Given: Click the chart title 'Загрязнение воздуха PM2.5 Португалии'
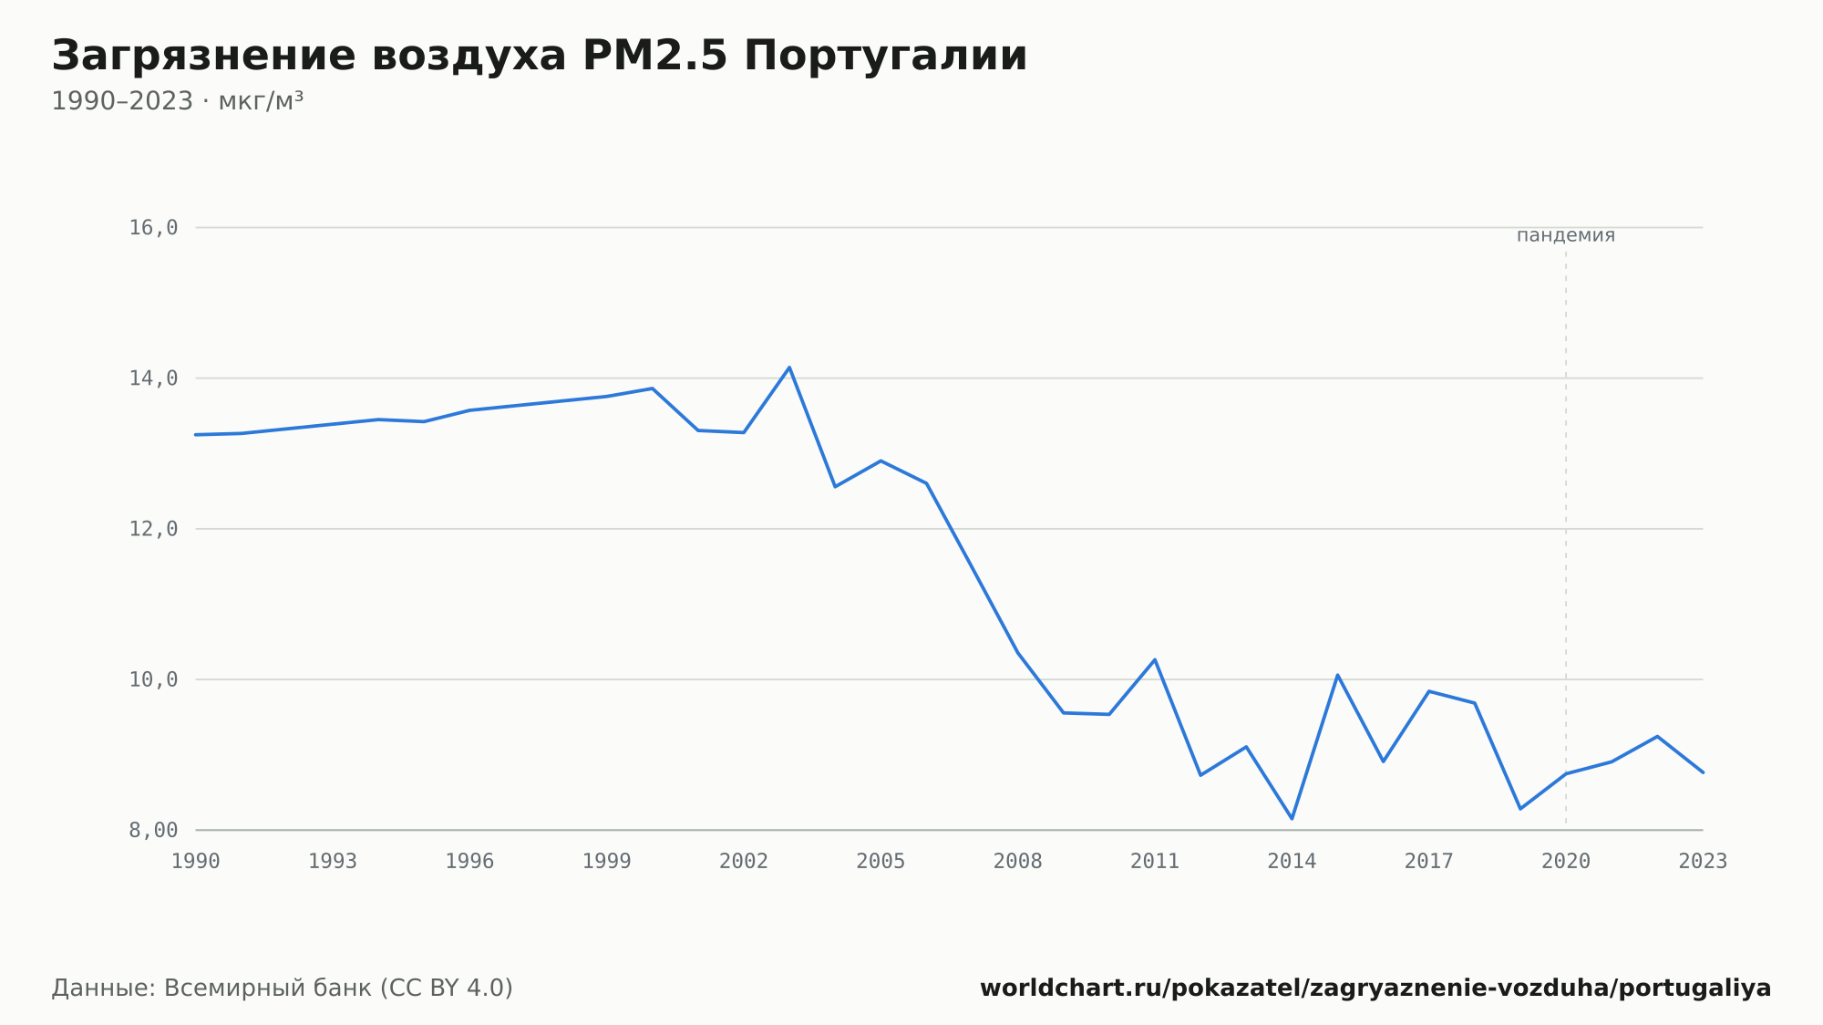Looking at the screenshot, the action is (540, 57).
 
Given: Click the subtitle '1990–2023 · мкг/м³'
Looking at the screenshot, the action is (177, 101).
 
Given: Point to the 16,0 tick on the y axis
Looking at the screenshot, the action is (153, 228).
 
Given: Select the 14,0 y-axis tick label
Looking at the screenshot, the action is (153, 378).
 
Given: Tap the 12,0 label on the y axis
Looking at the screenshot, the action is (153, 529).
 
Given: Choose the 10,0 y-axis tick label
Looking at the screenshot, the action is (153, 679).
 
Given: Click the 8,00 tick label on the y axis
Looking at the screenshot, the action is (153, 830).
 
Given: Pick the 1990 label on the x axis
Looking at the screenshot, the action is (196, 862).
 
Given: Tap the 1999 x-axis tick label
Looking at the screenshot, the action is (607, 862).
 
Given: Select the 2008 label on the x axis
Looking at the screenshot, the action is (1018, 862).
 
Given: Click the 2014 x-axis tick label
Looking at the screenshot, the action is (1292, 862).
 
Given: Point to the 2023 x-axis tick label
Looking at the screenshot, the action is (1703, 862).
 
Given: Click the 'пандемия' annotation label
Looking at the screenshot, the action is (1566, 235).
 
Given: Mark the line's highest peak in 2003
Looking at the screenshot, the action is (789, 368).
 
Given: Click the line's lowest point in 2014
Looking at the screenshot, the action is (1292, 818).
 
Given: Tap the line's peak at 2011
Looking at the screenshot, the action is (1155, 659).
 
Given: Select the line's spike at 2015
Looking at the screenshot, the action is (1337, 675).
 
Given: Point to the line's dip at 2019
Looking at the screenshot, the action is (1520, 809).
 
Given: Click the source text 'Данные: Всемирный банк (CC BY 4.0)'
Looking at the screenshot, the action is (283, 989).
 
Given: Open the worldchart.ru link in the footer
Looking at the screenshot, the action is (1375, 989).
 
